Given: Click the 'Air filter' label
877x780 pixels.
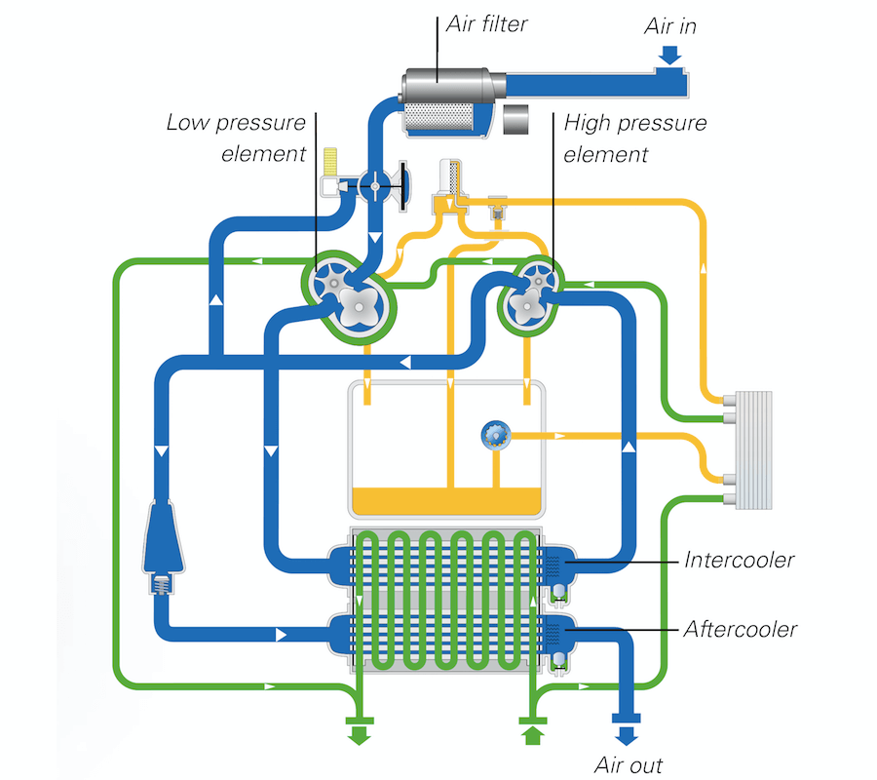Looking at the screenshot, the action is (x=486, y=24).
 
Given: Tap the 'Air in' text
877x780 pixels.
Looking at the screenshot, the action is (x=670, y=26).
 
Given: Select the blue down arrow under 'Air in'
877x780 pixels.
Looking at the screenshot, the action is (x=669, y=55).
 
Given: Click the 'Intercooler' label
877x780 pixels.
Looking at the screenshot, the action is (x=739, y=560).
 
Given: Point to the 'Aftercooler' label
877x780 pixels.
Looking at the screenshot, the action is (x=740, y=629).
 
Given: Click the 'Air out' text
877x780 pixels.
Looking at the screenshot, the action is (x=629, y=765).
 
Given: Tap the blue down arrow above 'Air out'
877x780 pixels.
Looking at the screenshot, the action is (x=627, y=735).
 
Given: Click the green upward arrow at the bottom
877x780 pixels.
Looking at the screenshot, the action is (x=532, y=735).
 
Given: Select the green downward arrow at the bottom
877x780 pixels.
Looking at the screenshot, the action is (x=359, y=735).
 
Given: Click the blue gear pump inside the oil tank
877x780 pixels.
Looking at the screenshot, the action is (x=496, y=435).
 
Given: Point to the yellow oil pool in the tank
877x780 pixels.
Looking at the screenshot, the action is (x=446, y=501).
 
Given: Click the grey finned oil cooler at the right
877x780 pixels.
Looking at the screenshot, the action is (x=753, y=449).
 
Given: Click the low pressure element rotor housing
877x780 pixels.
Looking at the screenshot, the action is (x=349, y=296).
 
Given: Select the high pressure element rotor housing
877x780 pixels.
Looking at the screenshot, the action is (x=531, y=295).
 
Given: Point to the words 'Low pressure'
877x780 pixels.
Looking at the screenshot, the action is (x=236, y=123).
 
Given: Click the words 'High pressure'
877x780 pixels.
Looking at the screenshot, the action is (x=634, y=123).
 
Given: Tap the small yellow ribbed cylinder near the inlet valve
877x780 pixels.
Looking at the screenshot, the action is (x=330, y=161).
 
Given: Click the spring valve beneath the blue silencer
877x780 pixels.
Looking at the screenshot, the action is (x=162, y=585).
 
